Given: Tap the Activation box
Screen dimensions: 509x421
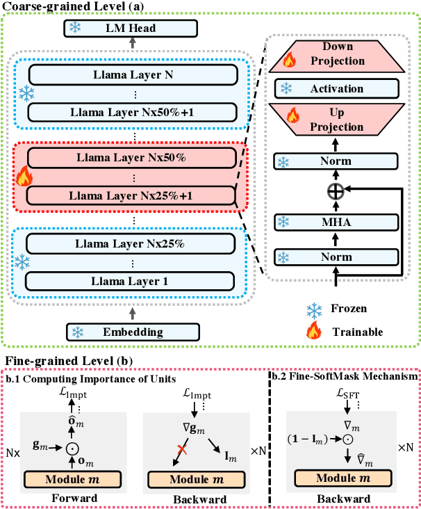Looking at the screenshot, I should click(x=338, y=89).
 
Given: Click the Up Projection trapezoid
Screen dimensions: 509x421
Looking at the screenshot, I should click(x=338, y=120).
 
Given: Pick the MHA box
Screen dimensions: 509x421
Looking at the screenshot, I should click(x=338, y=222).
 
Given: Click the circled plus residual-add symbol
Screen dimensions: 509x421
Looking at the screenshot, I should click(x=338, y=188).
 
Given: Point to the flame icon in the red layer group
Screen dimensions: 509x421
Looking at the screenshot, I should click(x=24, y=177).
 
